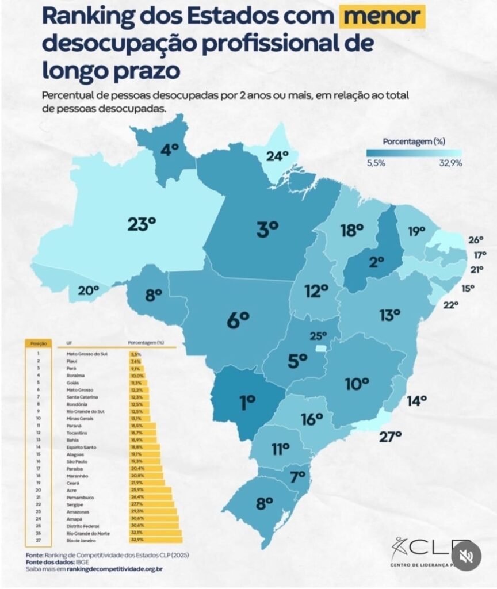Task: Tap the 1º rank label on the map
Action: click(248, 403)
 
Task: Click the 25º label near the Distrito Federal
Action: click(318, 335)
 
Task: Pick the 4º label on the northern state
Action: click(170, 150)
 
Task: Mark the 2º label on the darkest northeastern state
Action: click(376, 263)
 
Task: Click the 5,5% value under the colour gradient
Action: click(376, 163)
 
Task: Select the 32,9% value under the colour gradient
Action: click(450, 163)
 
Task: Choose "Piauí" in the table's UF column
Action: click(72, 361)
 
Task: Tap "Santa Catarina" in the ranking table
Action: click(82, 397)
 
